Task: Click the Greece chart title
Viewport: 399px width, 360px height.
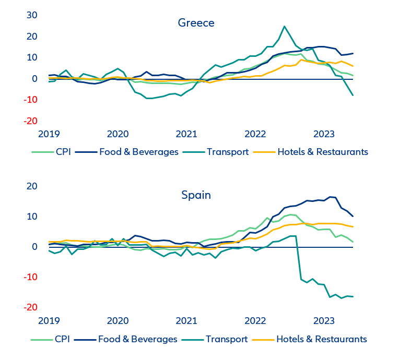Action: [x=196, y=23]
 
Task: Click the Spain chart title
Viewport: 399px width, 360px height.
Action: [x=196, y=195]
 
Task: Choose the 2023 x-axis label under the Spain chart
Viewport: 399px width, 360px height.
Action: [x=324, y=320]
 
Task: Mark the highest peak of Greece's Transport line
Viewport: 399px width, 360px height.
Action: [x=285, y=26]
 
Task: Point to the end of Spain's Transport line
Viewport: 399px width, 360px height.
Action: [x=353, y=297]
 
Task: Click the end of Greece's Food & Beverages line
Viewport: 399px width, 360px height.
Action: [x=353, y=53]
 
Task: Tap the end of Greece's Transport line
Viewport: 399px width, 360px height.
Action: [x=353, y=95]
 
